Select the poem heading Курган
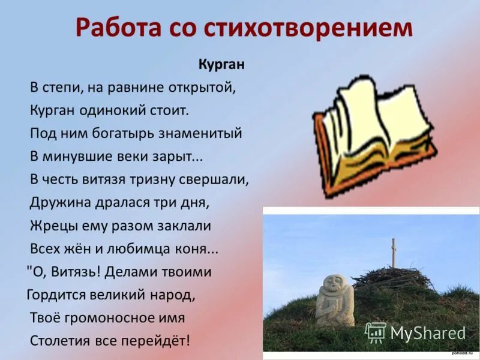(x=221, y=64)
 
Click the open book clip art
(x=372, y=135)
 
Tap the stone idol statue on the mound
(x=334, y=300)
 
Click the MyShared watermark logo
(x=415, y=333)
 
